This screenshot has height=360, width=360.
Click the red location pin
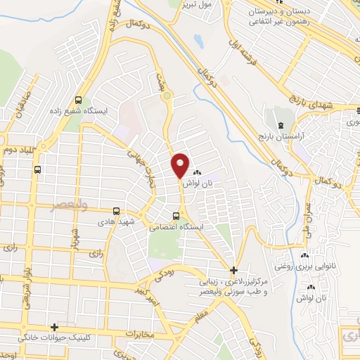click(x=180, y=165)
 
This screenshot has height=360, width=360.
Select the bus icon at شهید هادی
click(x=117, y=210)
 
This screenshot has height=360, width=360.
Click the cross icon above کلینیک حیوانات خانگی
click(x=54, y=327)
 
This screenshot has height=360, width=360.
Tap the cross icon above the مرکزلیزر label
click(x=234, y=270)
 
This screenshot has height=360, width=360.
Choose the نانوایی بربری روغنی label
click(x=325, y=267)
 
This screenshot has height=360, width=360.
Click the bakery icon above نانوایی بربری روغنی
click(x=305, y=257)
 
